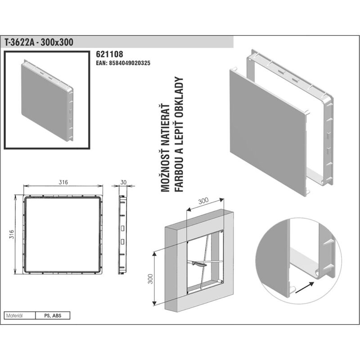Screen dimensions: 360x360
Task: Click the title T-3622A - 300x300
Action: pos(39,42)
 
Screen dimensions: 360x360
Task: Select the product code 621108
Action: pos(109,54)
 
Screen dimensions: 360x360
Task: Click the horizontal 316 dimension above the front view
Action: pos(63,182)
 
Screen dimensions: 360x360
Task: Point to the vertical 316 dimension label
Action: pos(12,234)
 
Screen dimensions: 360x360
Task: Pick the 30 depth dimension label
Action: pos(123,182)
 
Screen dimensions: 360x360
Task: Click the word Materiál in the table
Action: pos(14,316)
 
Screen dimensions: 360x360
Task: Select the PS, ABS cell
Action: pos(53,316)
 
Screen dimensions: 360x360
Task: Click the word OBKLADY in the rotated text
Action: pos(179,97)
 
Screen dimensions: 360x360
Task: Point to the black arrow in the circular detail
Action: pos(305,288)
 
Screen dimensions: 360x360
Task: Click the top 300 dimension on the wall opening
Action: pos(203,201)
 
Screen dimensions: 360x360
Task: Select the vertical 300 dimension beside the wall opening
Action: pos(150,279)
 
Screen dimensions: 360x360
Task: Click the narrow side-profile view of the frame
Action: pos(122,234)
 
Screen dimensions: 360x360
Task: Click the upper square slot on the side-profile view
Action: pos(122,229)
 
